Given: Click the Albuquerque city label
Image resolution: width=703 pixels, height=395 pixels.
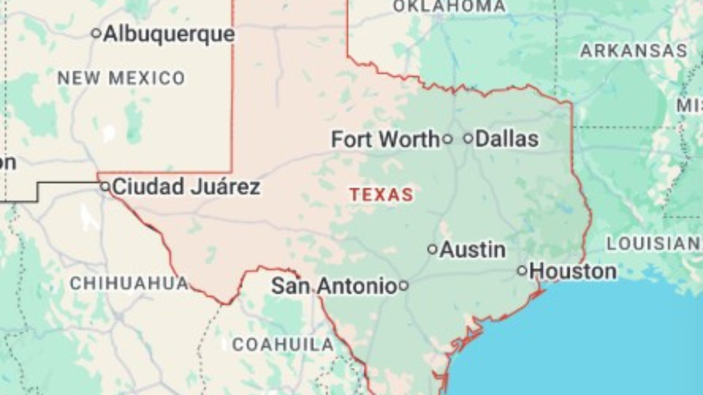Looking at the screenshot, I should point(169,34).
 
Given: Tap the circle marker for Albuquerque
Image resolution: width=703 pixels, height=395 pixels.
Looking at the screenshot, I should point(96,33).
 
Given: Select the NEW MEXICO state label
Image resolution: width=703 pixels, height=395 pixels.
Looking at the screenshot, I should point(121,78).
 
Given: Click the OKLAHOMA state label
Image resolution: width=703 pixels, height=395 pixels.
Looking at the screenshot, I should point(449,7).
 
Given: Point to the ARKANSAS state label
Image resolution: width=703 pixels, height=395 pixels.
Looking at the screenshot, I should point(634,51).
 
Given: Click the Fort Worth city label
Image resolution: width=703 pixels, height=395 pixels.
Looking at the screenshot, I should point(386,139).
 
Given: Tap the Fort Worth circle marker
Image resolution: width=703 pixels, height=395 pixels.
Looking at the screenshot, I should point(448,139).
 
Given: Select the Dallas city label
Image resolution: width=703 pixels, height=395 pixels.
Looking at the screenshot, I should point(506,139).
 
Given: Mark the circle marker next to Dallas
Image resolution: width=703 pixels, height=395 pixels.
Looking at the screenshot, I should point(468,139).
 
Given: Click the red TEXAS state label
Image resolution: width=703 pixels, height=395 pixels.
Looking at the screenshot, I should point(382,195).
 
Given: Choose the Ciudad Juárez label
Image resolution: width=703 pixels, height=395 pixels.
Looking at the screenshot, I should point(186,187).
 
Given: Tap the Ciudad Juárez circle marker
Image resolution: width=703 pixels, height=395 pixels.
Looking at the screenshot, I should point(105,187).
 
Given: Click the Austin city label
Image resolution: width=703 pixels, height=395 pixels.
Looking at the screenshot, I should point(473,250).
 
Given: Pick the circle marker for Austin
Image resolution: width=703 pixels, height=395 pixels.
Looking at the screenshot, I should point(432,250).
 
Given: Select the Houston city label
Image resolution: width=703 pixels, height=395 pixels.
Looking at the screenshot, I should point(573,271).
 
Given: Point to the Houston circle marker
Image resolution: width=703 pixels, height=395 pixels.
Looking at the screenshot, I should point(522,270).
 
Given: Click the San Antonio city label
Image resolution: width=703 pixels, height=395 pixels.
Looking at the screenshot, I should point(334,286).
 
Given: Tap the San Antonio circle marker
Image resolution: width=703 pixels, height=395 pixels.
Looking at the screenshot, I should point(403,285).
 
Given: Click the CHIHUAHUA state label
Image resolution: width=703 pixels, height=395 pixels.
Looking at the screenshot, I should point(129,284).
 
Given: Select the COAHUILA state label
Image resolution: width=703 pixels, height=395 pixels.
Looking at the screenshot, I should point(283,345).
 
